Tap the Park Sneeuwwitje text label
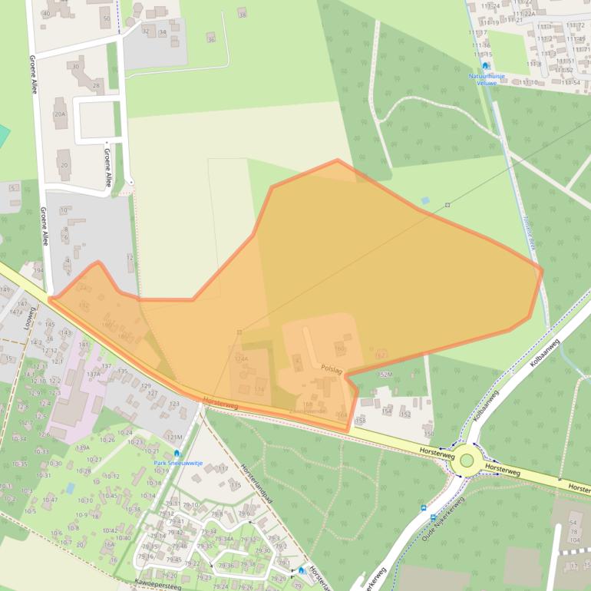[177, 463]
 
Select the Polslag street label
[332, 368]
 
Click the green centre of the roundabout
[467, 460]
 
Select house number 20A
[60, 114]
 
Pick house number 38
[243, 15]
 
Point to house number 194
[38, 271]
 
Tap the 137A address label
[94, 374]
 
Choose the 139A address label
[83, 447]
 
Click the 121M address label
[175, 437]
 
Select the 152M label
[385, 375]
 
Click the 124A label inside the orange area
[241, 358]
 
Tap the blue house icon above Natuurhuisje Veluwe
[485, 66]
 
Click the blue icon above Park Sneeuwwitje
[177, 453]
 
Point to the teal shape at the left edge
[4, 136]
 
